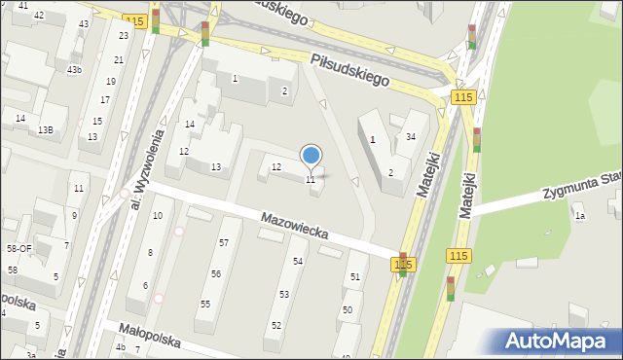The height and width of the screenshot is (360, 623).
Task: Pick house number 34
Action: pos(411,137)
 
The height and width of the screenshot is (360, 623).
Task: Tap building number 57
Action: pos(224,242)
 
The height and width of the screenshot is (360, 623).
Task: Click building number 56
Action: pos(216,274)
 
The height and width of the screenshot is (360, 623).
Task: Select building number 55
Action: pos(205,305)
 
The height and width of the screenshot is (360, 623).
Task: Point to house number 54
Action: pos(298,262)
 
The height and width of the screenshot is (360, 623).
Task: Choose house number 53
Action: pos(284,294)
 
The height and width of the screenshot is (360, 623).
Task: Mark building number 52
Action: pos(276,325)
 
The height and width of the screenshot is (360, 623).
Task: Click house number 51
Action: pos(355,277)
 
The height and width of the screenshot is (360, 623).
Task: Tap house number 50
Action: pos(348,309)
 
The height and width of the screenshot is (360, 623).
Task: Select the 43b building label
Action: pos(74,70)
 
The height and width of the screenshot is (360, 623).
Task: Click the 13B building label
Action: pos(46,129)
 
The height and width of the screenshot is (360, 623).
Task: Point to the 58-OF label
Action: pos(19,249)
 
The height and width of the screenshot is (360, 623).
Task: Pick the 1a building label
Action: pos(579,216)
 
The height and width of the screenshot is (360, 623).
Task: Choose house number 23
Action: pos(123,35)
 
